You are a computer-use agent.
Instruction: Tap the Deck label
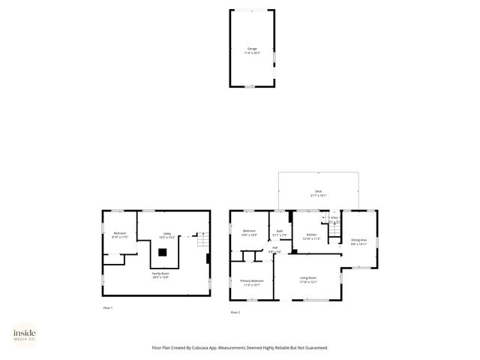pos(318,193)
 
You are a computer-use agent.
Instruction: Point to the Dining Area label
pos(359,240)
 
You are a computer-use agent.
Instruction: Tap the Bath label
pos(279,231)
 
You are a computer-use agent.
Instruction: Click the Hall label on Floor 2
pos(275,247)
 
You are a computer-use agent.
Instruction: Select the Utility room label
pos(167,233)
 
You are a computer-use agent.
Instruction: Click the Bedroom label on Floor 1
pos(120,233)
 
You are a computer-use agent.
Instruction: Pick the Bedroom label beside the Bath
pos(249,231)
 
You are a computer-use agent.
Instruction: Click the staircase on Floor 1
pos(200,240)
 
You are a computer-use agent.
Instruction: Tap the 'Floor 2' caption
pos(235,312)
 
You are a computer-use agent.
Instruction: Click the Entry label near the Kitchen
pos(334,218)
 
